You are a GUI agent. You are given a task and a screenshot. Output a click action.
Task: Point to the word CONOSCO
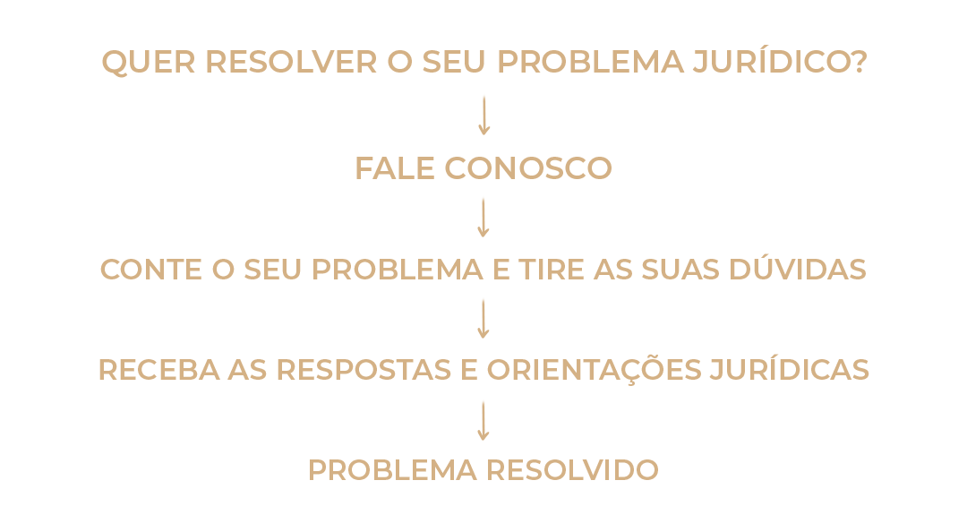coord(528,168)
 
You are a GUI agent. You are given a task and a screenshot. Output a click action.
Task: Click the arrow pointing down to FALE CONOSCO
coord(483,115)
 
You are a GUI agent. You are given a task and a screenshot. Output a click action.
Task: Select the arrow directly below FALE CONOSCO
coord(483,217)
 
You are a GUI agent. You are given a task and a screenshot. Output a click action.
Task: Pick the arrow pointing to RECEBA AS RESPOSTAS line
coord(483,318)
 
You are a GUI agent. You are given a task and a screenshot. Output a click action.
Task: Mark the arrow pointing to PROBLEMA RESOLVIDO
coord(483,419)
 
